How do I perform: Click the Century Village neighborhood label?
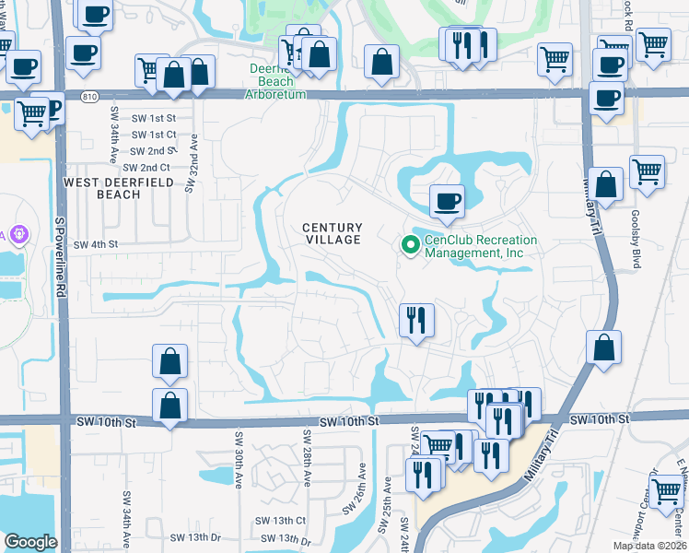tap(333, 233)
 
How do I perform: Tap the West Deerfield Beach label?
tap(102, 188)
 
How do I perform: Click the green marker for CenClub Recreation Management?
tap(409, 244)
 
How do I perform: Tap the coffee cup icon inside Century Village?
tap(447, 200)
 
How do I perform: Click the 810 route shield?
tap(88, 96)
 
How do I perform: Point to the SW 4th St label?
tap(97, 244)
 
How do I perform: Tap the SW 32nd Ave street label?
tap(192, 162)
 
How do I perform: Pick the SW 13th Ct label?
tap(283, 521)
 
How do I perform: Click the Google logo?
tap(29, 542)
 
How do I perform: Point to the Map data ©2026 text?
tap(648, 546)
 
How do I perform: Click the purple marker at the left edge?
tap(17, 236)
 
